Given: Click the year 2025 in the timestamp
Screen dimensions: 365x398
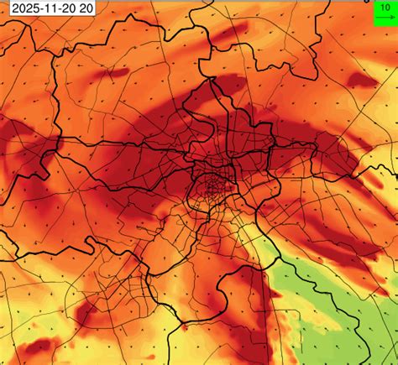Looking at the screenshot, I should coord(21,9).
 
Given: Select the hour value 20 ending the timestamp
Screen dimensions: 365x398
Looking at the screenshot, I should coord(85,9).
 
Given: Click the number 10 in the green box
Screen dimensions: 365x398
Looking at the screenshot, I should coord(383,6).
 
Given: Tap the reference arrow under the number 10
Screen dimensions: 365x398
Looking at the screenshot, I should coord(383,16).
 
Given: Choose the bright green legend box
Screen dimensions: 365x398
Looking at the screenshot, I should coord(383,11).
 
